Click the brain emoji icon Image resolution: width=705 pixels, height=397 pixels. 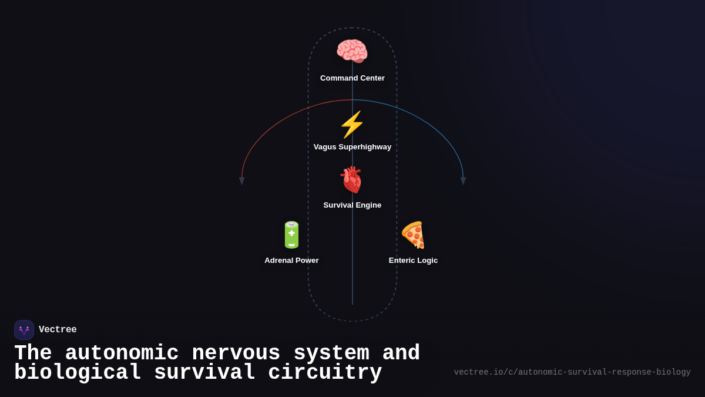pos(352,51)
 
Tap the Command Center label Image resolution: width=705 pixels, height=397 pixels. pos(352,78)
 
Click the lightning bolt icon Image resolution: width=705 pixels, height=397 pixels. pos(352,125)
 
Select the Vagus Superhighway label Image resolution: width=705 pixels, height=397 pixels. pos(352,147)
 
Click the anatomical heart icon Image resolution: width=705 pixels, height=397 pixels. pos(352,180)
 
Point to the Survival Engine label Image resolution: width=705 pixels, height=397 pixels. pos(352,205)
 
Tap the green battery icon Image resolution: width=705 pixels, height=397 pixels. pos(291,235)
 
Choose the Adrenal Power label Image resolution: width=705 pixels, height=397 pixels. pos(291,261)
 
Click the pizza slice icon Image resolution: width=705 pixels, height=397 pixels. pos(413,235)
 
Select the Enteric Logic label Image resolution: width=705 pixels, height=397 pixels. pos(413,261)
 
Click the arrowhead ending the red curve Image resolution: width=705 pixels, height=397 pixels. pos(241,181)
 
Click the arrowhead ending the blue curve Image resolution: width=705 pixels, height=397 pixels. pos(463,181)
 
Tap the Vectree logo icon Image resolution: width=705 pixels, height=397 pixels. pos(24,330)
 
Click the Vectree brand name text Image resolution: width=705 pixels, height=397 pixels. pos(58,330)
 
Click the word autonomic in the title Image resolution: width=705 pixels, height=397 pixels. pos(122,353)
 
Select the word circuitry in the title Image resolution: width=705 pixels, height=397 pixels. pos(325,373)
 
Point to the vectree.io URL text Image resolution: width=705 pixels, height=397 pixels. pos(572,372)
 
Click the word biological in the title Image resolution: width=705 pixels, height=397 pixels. pos(78,373)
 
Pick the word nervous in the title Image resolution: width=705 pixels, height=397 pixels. pos(236,353)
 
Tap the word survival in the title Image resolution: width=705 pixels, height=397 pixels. pos(204,373)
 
